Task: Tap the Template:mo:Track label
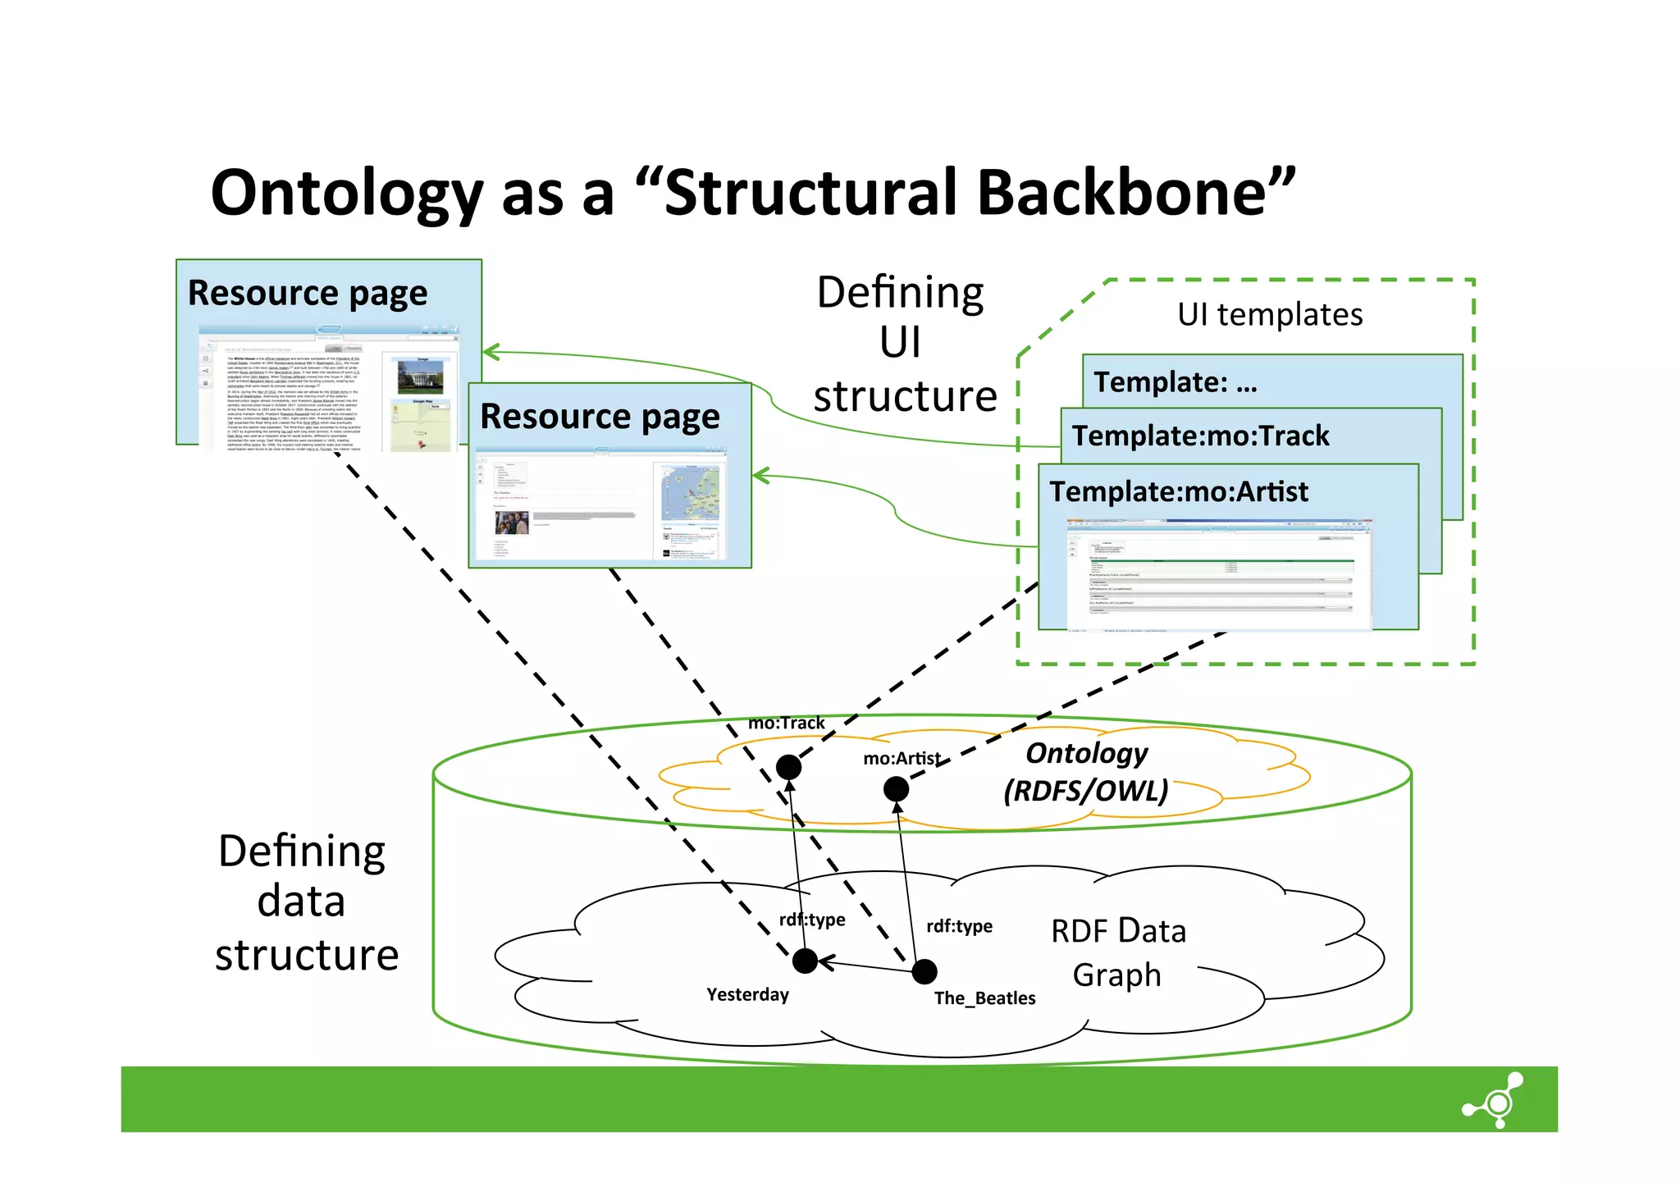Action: click(1200, 436)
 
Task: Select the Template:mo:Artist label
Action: click(1179, 491)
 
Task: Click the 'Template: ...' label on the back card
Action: click(1175, 382)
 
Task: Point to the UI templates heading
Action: click(1270, 314)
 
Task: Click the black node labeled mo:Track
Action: click(788, 767)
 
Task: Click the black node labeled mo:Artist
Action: click(896, 789)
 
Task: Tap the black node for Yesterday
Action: click(806, 960)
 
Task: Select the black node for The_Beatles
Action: click(924, 971)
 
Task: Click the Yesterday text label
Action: click(747, 994)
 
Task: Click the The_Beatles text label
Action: click(984, 998)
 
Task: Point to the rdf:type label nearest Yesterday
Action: click(812, 920)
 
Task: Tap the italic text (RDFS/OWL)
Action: click(1085, 791)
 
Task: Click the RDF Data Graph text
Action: click(1118, 952)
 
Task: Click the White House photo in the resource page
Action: click(420, 377)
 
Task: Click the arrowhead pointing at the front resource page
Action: click(759, 475)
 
